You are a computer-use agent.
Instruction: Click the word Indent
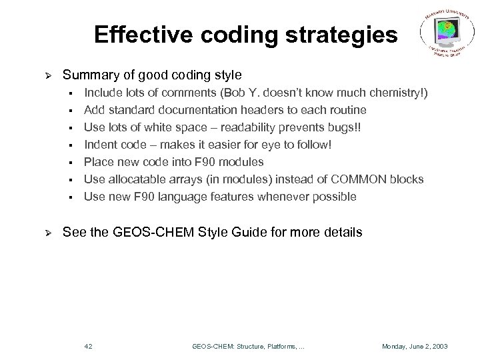99,144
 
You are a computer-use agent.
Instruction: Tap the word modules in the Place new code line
244,161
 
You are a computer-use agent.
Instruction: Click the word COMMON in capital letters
361,179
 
